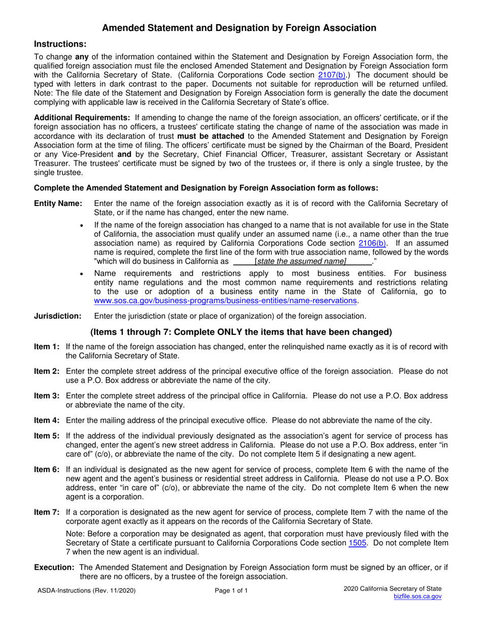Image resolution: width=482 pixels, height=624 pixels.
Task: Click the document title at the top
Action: coord(239,28)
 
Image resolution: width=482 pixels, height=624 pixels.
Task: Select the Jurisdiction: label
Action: coord(57,316)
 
